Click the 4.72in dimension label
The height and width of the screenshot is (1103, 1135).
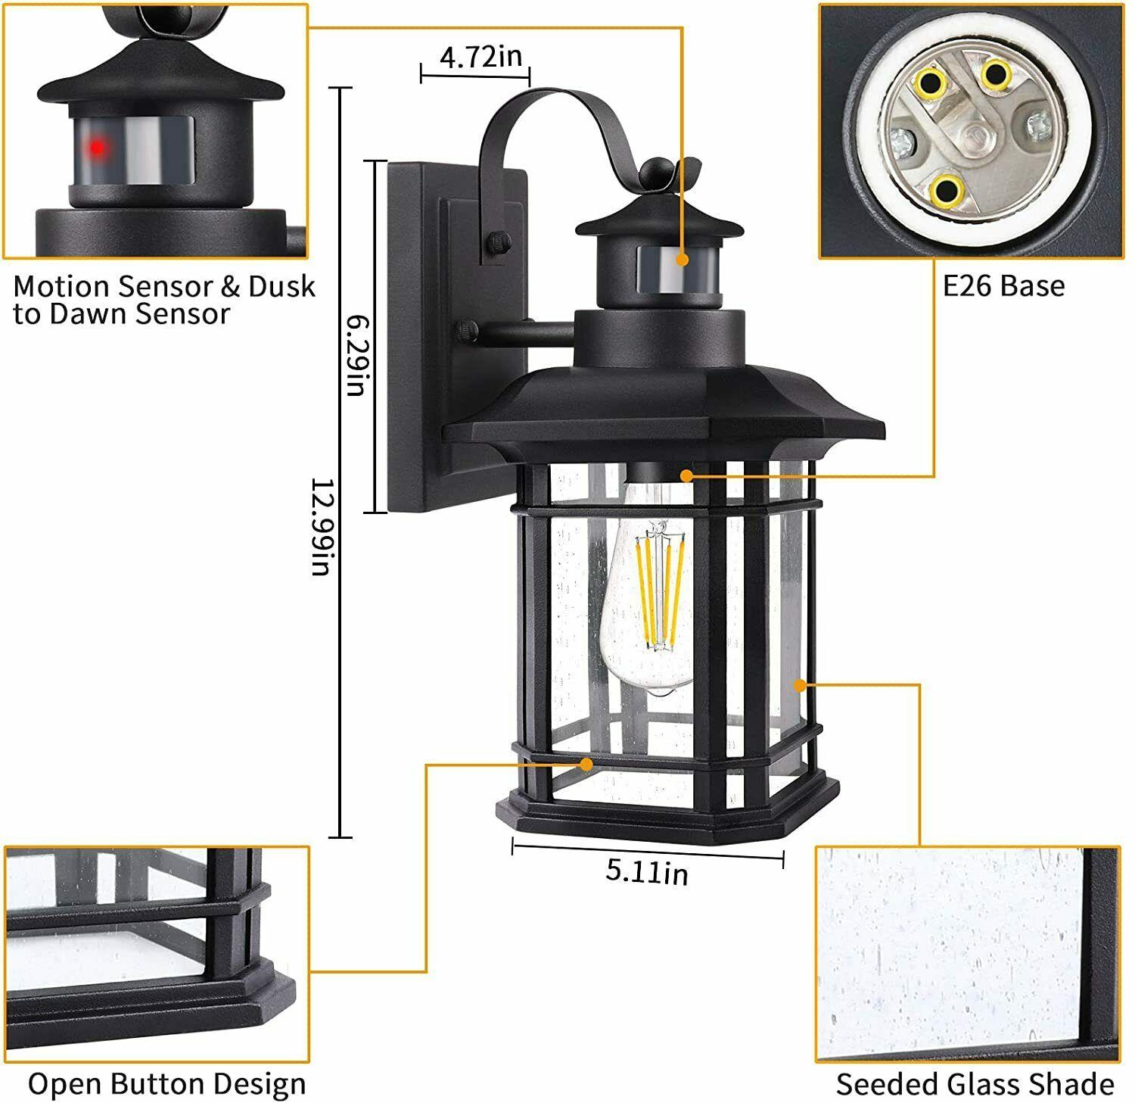tap(480, 57)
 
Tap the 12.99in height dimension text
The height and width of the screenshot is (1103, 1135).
tap(322, 526)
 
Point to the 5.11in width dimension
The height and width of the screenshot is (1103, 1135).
tap(647, 872)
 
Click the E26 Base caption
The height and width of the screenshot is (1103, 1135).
tap(1003, 286)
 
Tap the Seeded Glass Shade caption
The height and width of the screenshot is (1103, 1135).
tap(975, 1084)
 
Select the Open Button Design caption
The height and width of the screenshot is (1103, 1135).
tap(166, 1084)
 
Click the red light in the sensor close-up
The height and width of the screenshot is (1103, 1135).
tap(97, 148)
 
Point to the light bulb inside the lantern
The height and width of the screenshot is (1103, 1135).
tap(651, 598)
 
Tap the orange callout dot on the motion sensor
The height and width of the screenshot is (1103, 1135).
tap(683, 259)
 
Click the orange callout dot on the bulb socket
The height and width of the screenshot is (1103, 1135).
tap(686, 475)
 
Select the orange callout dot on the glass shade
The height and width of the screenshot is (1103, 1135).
tap(799, 685)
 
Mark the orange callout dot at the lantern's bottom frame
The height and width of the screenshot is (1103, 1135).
tap(586, 765)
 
